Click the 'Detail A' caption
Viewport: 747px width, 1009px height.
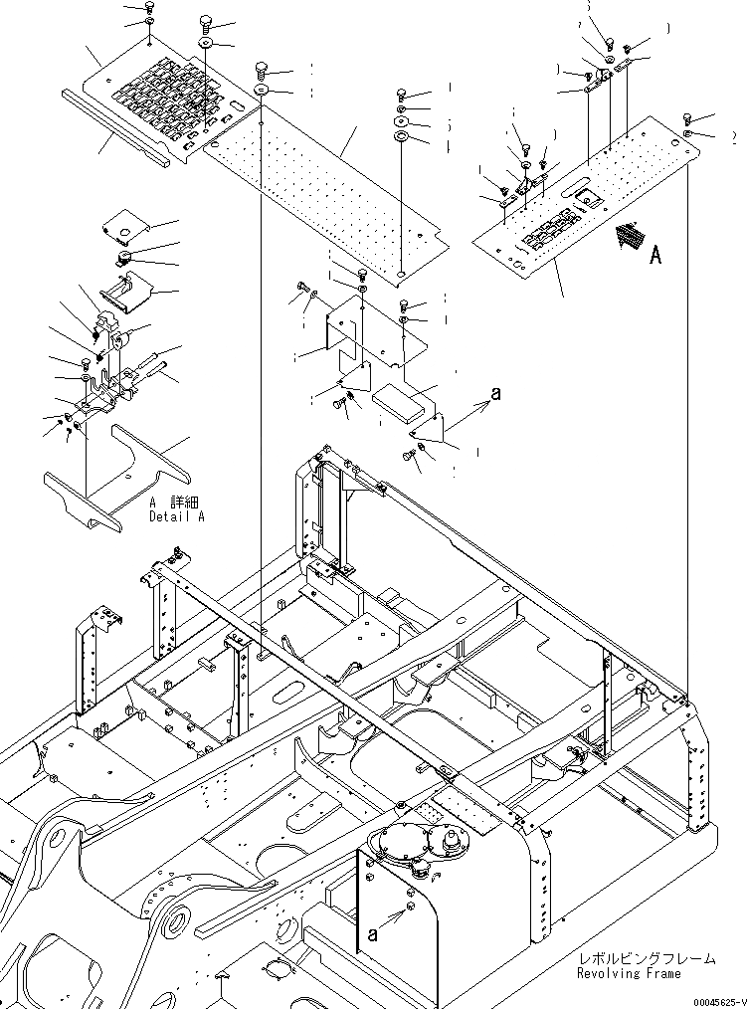point(177,517)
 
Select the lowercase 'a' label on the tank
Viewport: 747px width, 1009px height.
point(373,933)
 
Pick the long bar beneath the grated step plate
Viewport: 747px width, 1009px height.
point(114,127)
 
